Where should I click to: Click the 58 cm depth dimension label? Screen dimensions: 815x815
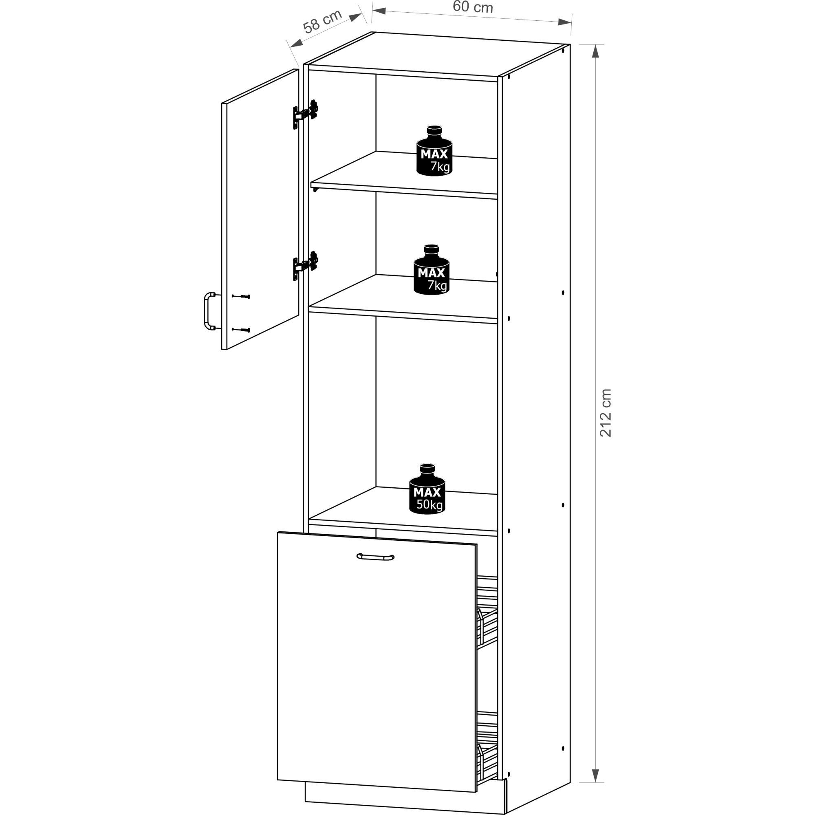[x=322, y=22]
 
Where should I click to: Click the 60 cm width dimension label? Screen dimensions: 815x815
[x=472, y=7]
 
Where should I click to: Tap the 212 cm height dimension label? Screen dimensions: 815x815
[x=606, y=412]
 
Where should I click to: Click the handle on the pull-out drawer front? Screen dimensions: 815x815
[x=375, y=557]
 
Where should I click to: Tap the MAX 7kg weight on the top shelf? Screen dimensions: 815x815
[x=434, y=151]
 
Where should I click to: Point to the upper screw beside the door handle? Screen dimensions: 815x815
[x=241, y=297]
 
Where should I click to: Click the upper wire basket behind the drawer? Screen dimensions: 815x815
[x=487, y=612]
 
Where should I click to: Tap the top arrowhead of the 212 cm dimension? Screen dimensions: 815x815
[x=595, y=51]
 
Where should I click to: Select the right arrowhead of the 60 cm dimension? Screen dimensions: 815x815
[x=564, y=22]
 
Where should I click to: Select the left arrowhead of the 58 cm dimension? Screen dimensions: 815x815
[x=297, y=43]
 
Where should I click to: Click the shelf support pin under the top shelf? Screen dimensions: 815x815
[x=315, y=189]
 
